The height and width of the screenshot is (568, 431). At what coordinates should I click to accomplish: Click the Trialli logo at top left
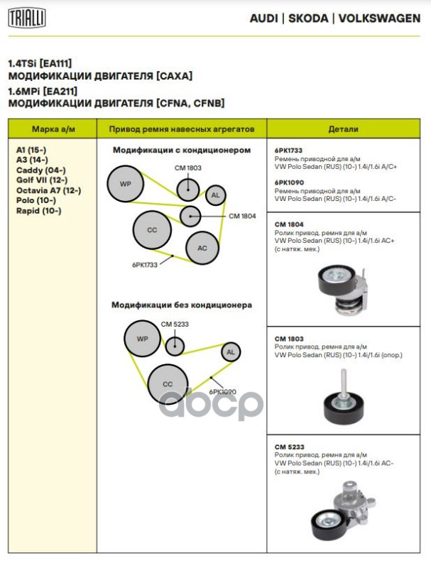tap(26, 18)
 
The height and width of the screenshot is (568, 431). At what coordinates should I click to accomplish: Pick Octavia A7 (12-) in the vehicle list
tap(48, 190)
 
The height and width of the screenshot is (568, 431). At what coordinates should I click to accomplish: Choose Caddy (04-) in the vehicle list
tap(40, 170)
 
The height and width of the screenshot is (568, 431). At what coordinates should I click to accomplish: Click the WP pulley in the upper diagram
tap(125, 185)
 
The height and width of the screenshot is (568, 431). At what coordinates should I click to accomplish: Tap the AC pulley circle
tap(202, 248)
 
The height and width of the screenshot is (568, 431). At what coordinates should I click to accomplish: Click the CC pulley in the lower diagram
tap(168, 384)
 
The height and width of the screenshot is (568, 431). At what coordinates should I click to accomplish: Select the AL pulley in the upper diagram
tap(216, 195)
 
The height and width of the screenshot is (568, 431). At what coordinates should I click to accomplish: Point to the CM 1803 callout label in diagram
tap(188, 168)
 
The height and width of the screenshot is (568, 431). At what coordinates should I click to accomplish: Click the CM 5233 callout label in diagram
tap(174, 324)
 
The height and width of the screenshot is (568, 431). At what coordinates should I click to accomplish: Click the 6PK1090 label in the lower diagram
tap(223, 391)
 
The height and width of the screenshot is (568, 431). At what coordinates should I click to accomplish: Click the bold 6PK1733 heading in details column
tap(288, 151)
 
